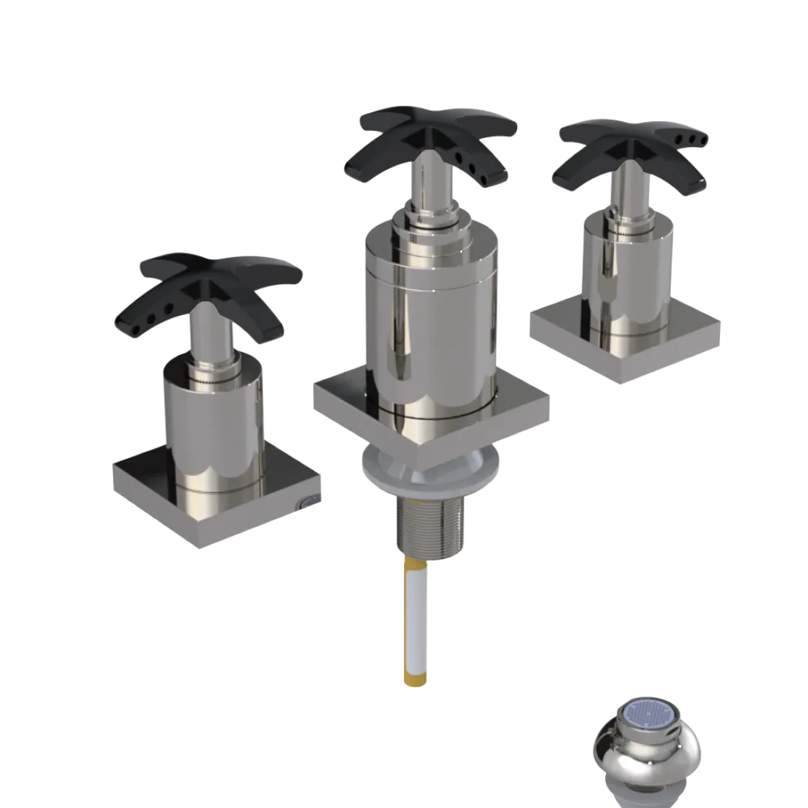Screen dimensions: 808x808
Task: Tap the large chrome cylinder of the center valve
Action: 428,323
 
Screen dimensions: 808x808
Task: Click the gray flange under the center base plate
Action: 428,477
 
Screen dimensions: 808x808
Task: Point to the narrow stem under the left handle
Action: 208,339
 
